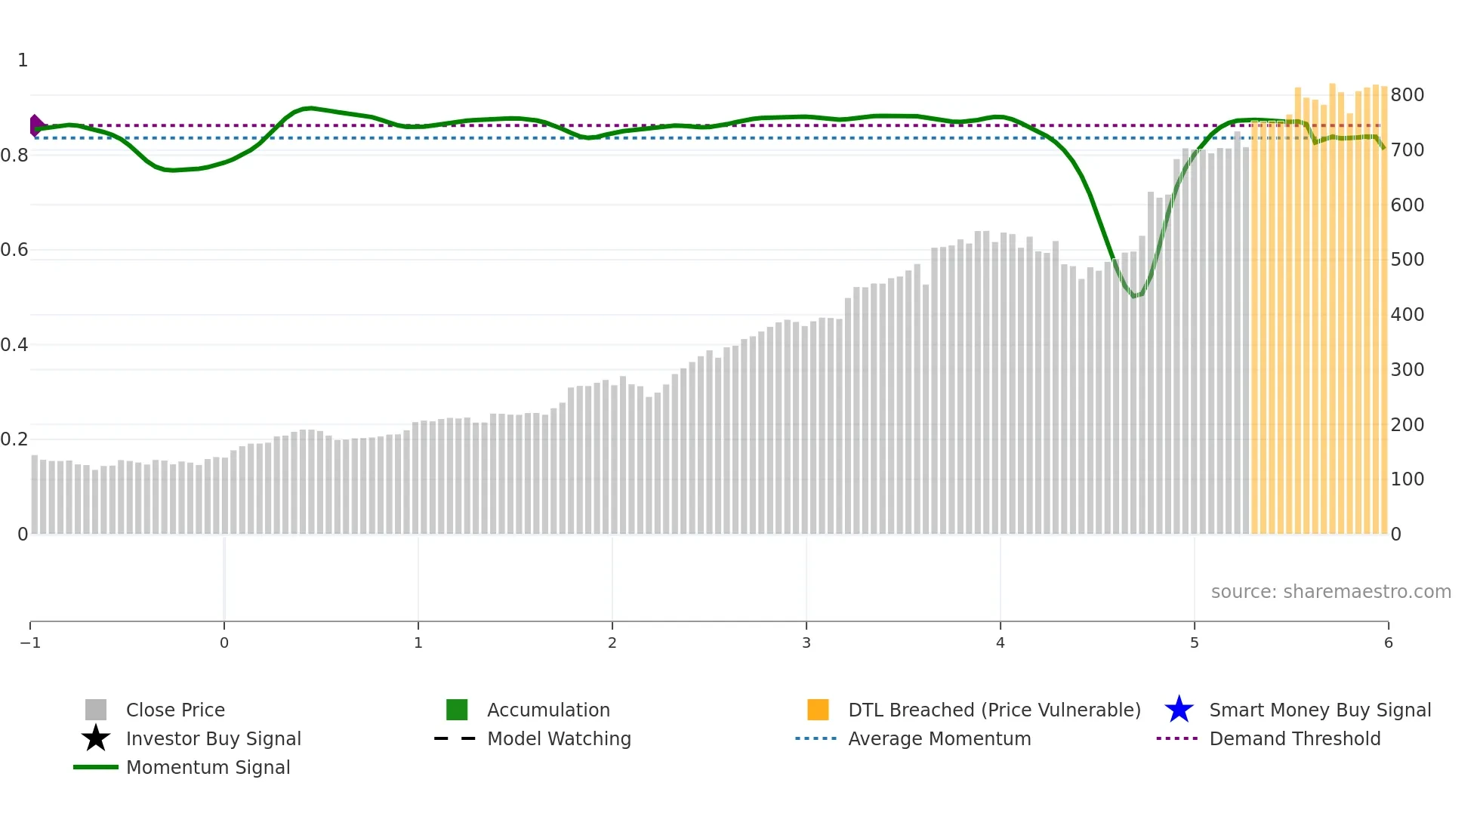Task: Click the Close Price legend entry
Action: tap(174, 710)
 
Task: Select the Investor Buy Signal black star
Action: tap(96, 738)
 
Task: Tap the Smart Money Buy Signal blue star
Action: tap(1179, 710)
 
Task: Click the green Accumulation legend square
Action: tap(457, 710)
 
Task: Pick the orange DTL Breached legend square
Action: tap(818, 710)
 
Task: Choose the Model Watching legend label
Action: tap(559, 738)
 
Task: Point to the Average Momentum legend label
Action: tap(939, 738)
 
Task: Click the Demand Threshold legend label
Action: tap(1294, 738)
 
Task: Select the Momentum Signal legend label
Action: tap(208, 767)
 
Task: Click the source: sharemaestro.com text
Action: tap(1330, 591)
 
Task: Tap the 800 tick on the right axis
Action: tap(1407, 95)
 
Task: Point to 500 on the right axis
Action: tap(1407, 260)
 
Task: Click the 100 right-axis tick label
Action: tap(1407, 479)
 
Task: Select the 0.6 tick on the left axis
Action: tap(14, 250)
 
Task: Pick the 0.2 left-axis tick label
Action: tap(14, 439)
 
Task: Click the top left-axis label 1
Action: tap(23, 60)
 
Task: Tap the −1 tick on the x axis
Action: tap(30, 643)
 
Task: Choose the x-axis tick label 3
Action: tap(806, 643)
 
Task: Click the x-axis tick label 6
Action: tap(1388, 643)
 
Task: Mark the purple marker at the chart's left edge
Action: tap(35, 125)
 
